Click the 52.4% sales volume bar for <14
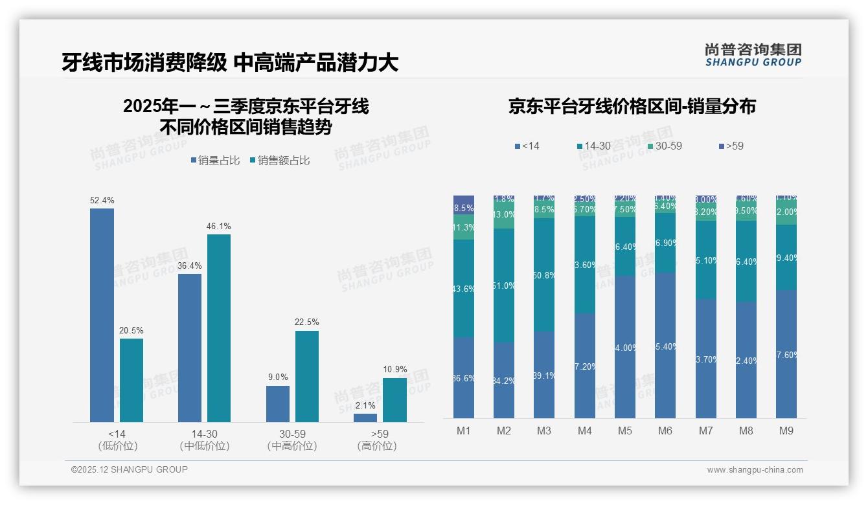click(x=102, y=315)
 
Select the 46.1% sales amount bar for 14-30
click(x=219, y=328)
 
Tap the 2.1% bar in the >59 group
click(x=365, y=418)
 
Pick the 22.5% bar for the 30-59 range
click(x=307, y=377)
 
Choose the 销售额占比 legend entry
click(x=279, y=161)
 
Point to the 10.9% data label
click(x=394, y=370)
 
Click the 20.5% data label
click(x=131, y=330)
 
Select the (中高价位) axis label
click(x=291, y=446)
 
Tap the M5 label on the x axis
click(x=624, y=431)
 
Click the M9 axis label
click(x=786, y=431)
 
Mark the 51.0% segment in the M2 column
click(x=504, y=286)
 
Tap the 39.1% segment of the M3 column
click(x=544, y=374)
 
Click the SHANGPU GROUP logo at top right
click(x=753, y=54)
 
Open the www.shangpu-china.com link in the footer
click(x=755, y=470)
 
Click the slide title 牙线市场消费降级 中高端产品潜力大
click(x=229, y=62)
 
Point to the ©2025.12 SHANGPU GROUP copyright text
click(x=130, y=470)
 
